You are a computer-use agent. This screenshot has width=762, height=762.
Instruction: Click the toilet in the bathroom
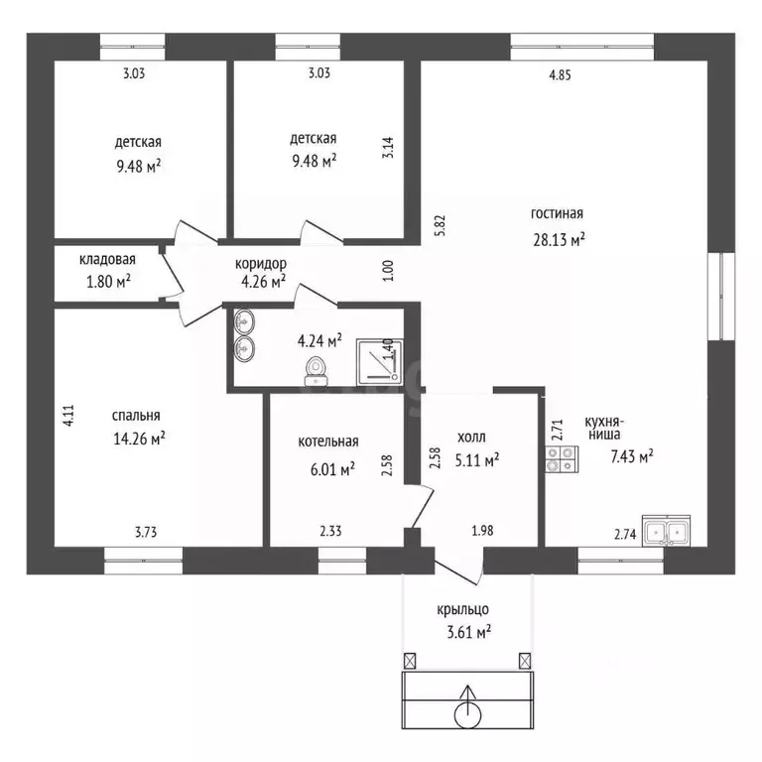[x=317, y=371]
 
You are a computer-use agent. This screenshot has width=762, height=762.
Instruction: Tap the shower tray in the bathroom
[x=380, y=362]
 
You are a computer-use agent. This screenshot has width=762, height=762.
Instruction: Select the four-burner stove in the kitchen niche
[x=562, y=459]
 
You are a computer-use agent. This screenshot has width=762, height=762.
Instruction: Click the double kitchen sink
[x=666, y=531]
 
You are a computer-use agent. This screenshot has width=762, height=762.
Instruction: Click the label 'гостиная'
[x=557, y=213]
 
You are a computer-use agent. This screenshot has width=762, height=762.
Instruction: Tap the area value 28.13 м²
[x=559, y=239]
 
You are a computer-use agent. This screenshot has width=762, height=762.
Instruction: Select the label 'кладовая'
[x=107, y=260]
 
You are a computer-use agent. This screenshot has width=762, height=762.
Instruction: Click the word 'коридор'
[x=261, y=264]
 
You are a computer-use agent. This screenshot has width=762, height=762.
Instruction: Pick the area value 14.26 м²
[x=140, y=439]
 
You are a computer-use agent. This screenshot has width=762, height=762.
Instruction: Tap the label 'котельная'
[x=328, y=442]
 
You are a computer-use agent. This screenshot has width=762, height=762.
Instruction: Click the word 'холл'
[x=471, y=438]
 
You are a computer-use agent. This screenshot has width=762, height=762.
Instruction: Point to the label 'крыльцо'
[x=462, y=609]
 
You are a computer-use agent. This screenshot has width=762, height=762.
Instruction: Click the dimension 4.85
[x=560, y=75]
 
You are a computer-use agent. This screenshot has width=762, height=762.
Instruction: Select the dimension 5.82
[x=441, y=225]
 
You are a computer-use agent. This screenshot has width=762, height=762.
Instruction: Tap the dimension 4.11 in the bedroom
[x=68, y=416]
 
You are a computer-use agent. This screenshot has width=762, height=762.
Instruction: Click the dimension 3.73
[x=146, y=532]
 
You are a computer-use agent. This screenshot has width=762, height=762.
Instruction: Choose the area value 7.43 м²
[x=632, y=456]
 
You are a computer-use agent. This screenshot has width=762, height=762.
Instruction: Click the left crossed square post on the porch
[x=410, y=661]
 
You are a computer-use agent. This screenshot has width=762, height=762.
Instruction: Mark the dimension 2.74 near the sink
[x=625, y=535]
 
